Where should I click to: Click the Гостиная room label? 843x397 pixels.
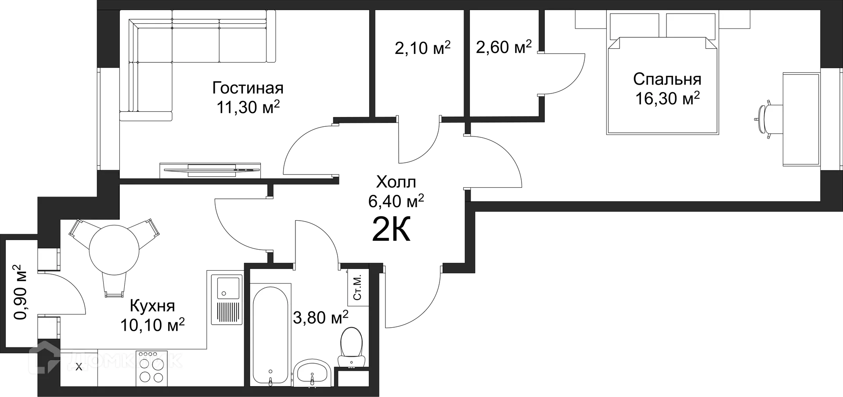248,88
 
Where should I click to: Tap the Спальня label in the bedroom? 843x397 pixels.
667,79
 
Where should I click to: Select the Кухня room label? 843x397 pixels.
152,306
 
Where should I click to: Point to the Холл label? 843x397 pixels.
396,182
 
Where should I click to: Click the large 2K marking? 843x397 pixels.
391,229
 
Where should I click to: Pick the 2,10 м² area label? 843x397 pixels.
422,48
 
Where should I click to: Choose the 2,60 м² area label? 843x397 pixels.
504,47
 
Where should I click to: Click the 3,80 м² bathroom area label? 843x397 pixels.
321,317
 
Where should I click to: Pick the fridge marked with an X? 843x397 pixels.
79,368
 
